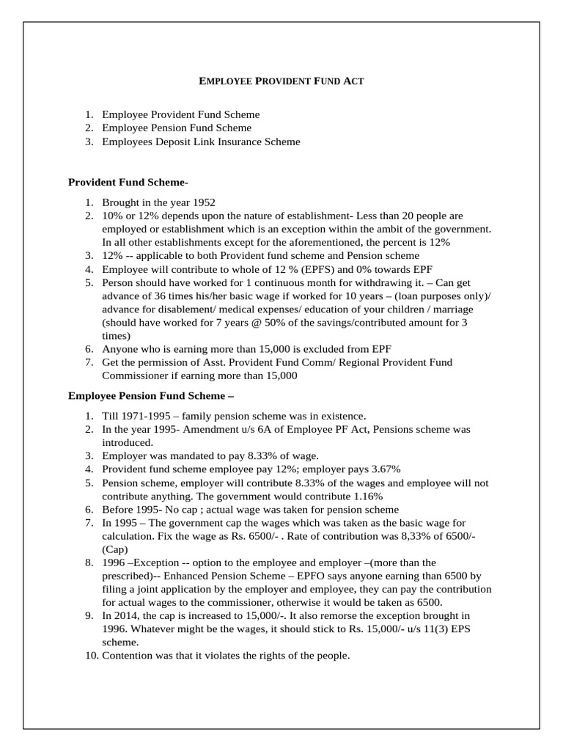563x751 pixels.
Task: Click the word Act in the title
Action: (x=353, y=81)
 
